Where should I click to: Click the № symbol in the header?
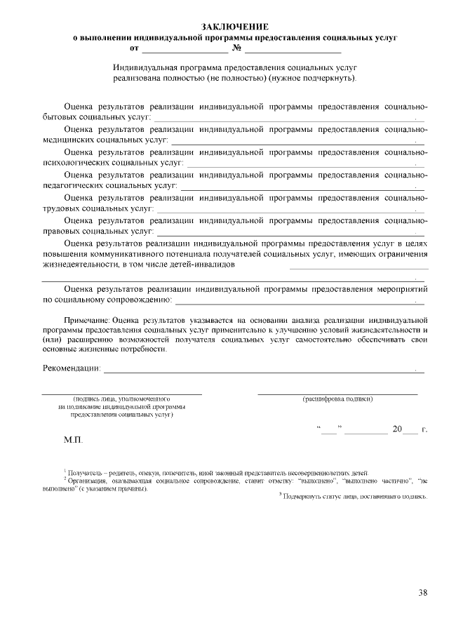tap(236, 50)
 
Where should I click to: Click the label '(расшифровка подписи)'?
tap(337, 399)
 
